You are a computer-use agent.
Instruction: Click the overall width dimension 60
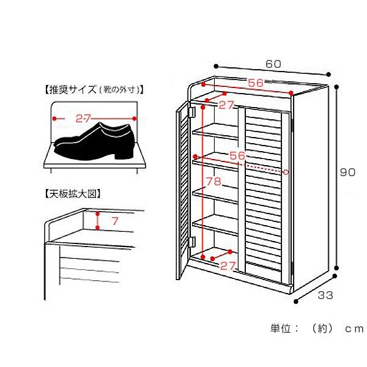[x=273, y=64]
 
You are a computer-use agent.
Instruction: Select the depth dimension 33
[x=325, y=296]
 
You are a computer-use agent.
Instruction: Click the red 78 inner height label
[x=213, y=182]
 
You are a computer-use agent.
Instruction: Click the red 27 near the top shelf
[x=226, y=105]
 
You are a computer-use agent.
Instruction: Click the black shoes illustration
[x=95, y=142]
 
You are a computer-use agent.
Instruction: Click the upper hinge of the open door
[x=191, y=113]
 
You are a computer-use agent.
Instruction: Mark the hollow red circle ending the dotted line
[x=286, y=172]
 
